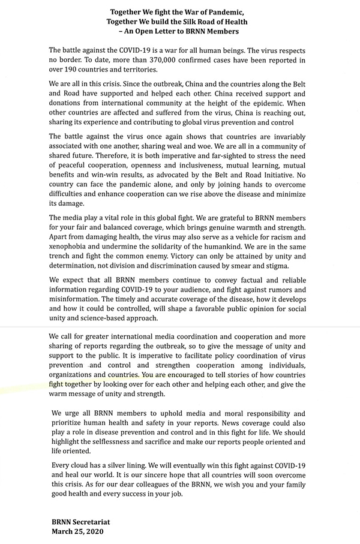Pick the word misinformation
coord(76,299)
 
